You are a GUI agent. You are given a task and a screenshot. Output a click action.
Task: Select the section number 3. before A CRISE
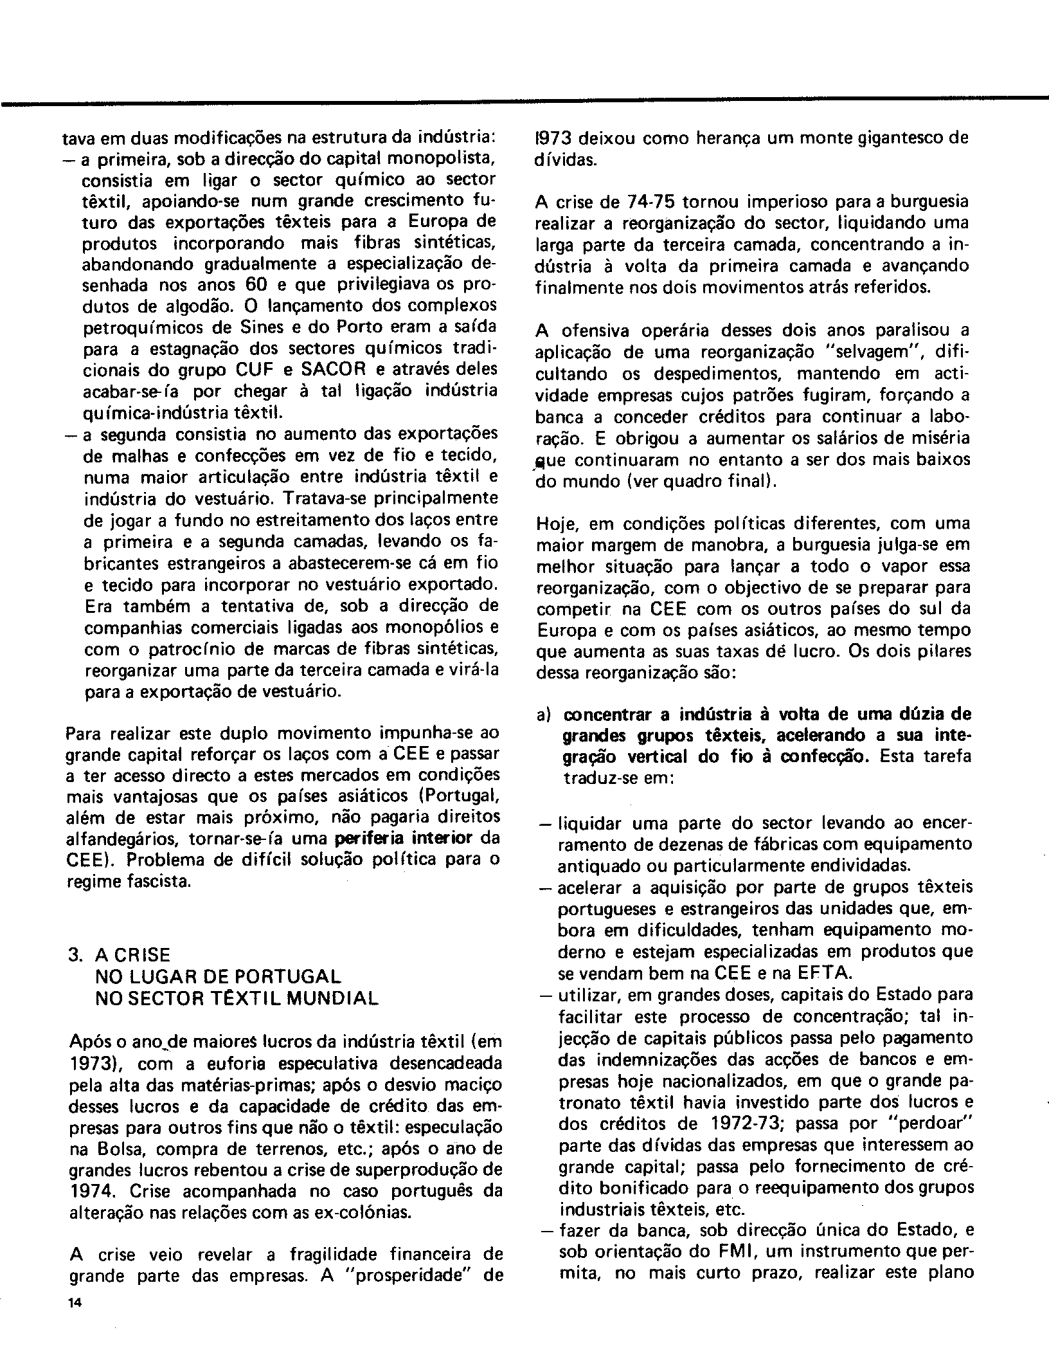76,955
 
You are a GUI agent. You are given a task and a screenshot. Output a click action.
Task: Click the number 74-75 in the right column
650,201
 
